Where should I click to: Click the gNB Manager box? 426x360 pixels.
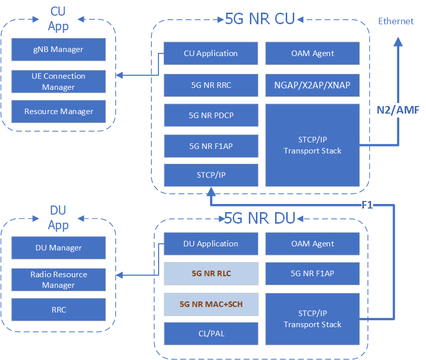(x=59, y=49)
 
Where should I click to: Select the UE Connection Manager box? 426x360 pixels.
(x=59, y=82)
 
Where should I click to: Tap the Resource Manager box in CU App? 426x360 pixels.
(x=59, y=112)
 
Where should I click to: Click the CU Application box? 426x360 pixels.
(x=211, y=54)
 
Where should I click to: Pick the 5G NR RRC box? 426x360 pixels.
(x=211, y=85)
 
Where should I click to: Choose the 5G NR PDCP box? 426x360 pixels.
(x=211, y=116)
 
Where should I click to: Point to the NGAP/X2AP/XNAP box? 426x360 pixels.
(x=312, y=85)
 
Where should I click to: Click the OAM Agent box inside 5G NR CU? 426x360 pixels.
(x=312, y=54)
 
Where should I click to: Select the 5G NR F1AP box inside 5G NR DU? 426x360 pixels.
(x=312, y=274)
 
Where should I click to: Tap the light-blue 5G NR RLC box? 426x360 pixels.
(x=211, y=274)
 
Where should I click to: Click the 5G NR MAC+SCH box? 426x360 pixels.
(x=211, y=304)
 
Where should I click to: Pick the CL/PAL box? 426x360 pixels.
(x=211, y=334)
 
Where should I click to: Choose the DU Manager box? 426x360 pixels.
(x=59, y=248)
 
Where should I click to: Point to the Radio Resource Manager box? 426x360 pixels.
(x=59, y=280)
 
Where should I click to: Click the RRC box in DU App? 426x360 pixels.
(x=59, y=310)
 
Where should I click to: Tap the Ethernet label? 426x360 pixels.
(x=396, y=21)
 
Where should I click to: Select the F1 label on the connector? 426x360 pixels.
(x=367, y=205)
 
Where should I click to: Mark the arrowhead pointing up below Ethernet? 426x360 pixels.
(x=399, y=40)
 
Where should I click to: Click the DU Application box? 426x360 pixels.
(x=211, y=244)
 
